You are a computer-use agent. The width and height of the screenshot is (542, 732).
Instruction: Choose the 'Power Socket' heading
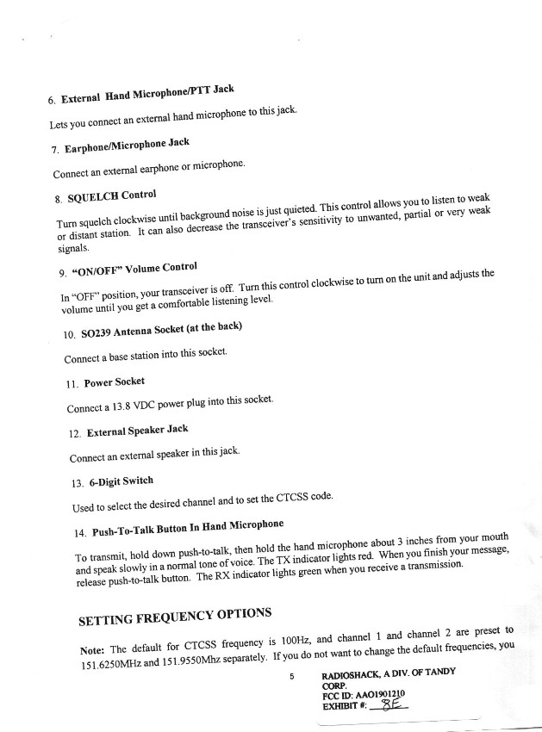[x=114, y=382]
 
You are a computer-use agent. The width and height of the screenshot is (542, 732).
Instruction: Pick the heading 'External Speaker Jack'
[x=135, y=430]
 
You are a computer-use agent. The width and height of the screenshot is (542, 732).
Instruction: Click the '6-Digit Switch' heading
[x=120, y=481]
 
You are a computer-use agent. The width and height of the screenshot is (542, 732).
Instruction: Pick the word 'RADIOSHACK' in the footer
[x=352, y=674]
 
